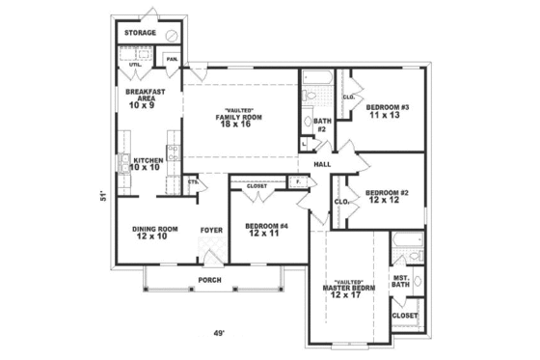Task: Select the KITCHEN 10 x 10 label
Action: (x=147, y=163)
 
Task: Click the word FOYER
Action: (x=211, y=230)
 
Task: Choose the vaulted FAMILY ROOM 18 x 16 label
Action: (x=240, y=117)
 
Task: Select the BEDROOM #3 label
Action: (x=390, y=110)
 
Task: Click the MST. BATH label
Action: (x=402, y=282)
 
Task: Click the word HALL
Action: (x=322, y=164)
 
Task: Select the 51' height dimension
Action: (x=102, y=198)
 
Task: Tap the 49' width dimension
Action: (x=220, y=333)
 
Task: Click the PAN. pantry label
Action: (x=172, y=59)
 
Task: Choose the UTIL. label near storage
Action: (x=134, y=65)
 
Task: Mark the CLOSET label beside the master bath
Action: (x=404, y=316)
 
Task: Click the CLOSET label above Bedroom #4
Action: (x=256, y=185)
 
